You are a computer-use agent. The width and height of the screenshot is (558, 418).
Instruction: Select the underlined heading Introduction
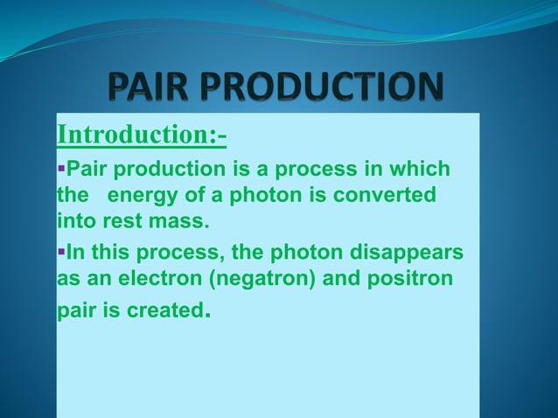pyautogui.click(x=141, y=136)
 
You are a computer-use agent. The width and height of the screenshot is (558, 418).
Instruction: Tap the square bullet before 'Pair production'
pyautogui.click(x=61, y=168)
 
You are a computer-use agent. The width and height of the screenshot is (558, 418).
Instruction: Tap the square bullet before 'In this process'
pyautogui.click(x=61, y=254)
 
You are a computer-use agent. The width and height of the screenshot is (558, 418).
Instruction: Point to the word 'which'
pyautogui.click(x=421, y=168)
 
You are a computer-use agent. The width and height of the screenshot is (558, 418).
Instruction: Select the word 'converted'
pyautogui.click(x=390, y=194)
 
